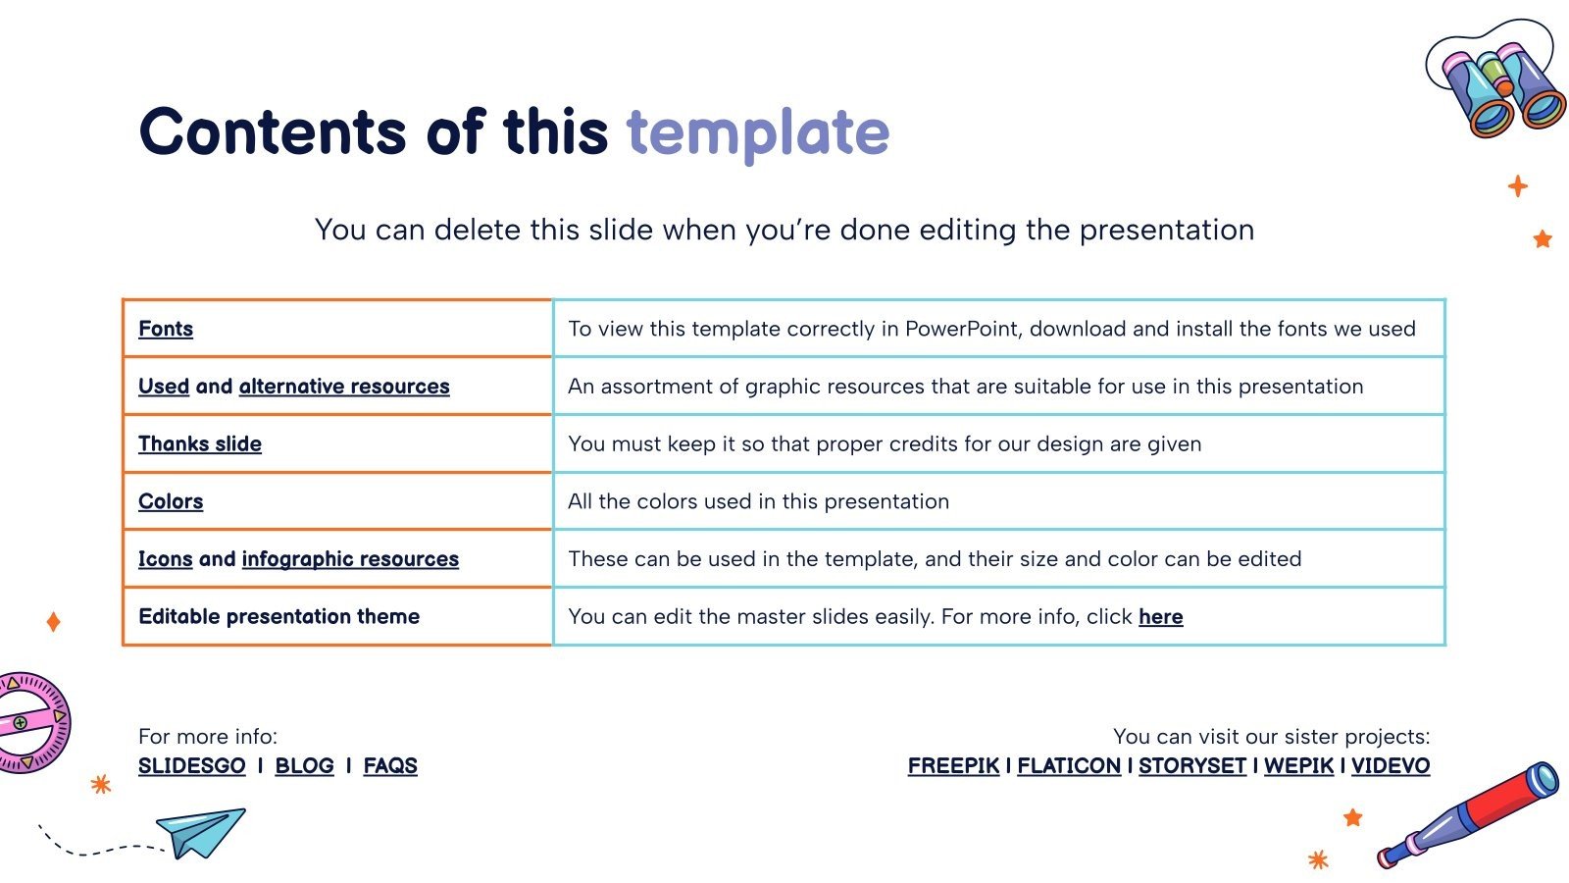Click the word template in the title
[x=758, y=133]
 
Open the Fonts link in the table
[x=166, y=329]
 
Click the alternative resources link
[x=344, y=387]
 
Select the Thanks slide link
[x=200, y=443]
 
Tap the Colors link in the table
[x=171, y=501]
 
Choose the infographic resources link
[x=350, y=558]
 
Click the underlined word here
[x=1161, y=617]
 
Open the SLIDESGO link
[x=192, y=766]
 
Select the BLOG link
[x=304, y=766]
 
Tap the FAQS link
[x=390, y=766]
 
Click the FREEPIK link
[x=953, y=766]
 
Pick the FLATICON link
[x=1069, y=766]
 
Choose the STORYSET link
[x=1192, y=766]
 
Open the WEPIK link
[x=1298, y=766]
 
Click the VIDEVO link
[x=1391, y=766]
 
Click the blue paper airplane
[x=201, y=833]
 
